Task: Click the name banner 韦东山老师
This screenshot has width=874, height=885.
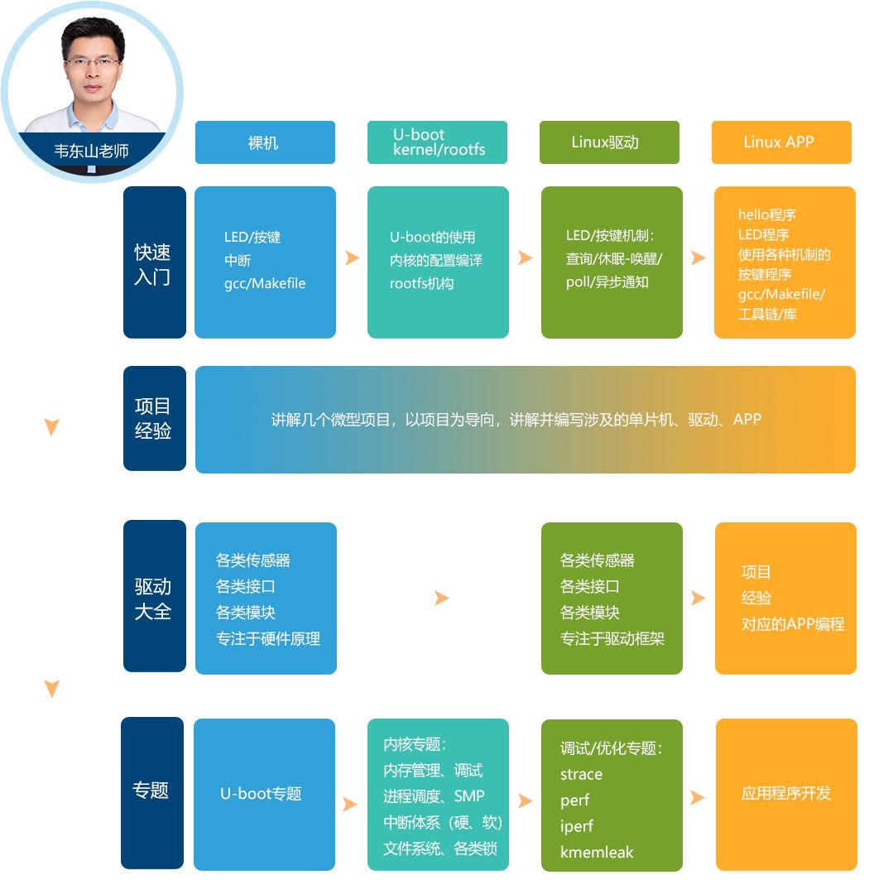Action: coord(91,151)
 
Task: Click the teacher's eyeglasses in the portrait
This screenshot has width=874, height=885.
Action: coord(92,61)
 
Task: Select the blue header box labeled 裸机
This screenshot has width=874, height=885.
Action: coord(265,142)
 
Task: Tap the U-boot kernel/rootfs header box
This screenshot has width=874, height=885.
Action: coord(437,142)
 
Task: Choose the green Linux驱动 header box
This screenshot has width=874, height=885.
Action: coord(609,142)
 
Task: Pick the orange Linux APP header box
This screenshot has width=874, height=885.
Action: coord(781,142)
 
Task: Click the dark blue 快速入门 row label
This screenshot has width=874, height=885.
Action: coord(155,262)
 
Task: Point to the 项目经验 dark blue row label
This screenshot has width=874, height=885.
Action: coord(155,418)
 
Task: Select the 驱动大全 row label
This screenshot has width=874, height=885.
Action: coord(155,596)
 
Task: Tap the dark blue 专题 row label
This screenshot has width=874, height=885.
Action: coord(152,793)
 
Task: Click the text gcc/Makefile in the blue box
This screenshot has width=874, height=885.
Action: coord(265,283)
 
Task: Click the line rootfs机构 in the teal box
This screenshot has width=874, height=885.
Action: coord(421,283)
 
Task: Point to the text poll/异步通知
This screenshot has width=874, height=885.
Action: coord(607,282)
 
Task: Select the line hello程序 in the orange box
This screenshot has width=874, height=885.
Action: coord(766,214)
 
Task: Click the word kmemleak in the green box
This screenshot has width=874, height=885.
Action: coord(597,852)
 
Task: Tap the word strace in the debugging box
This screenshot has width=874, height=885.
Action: coord(581,774)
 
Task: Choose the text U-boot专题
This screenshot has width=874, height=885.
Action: coord(261,794)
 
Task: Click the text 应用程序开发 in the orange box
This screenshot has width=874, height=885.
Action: coord(786,793)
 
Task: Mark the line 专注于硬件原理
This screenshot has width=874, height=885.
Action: coord(268,638)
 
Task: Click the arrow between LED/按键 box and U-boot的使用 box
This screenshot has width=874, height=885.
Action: coord(352,258)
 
